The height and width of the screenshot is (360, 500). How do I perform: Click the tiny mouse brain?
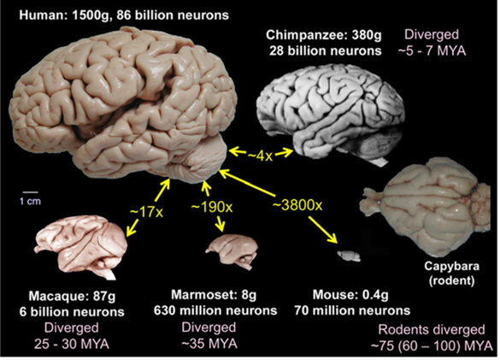[349, 256]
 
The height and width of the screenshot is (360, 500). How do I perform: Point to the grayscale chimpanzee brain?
[331, 115]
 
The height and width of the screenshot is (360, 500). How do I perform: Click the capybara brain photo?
[426, 206]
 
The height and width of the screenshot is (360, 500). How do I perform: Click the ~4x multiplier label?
[260, 156]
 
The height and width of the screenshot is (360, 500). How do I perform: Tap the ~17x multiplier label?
[146, 211]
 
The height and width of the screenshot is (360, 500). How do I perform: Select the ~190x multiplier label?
[212, 208]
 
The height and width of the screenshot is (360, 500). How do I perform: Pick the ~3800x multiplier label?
[297, 205]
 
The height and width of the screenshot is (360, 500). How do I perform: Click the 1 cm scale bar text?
[30, 202]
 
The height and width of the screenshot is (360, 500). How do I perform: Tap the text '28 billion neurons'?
[326, 50]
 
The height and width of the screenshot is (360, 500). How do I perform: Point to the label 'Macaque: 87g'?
[72, 296]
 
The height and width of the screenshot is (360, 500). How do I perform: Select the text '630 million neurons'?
[215, 310]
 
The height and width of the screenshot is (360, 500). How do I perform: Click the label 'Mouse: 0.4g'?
[350, 294]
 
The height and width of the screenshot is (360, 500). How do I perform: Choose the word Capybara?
[451, 266]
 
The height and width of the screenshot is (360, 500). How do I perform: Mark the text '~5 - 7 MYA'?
[432, 50]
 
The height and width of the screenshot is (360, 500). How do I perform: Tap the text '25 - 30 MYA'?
[72, 344]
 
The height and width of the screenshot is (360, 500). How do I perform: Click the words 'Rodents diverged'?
[432, 330]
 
